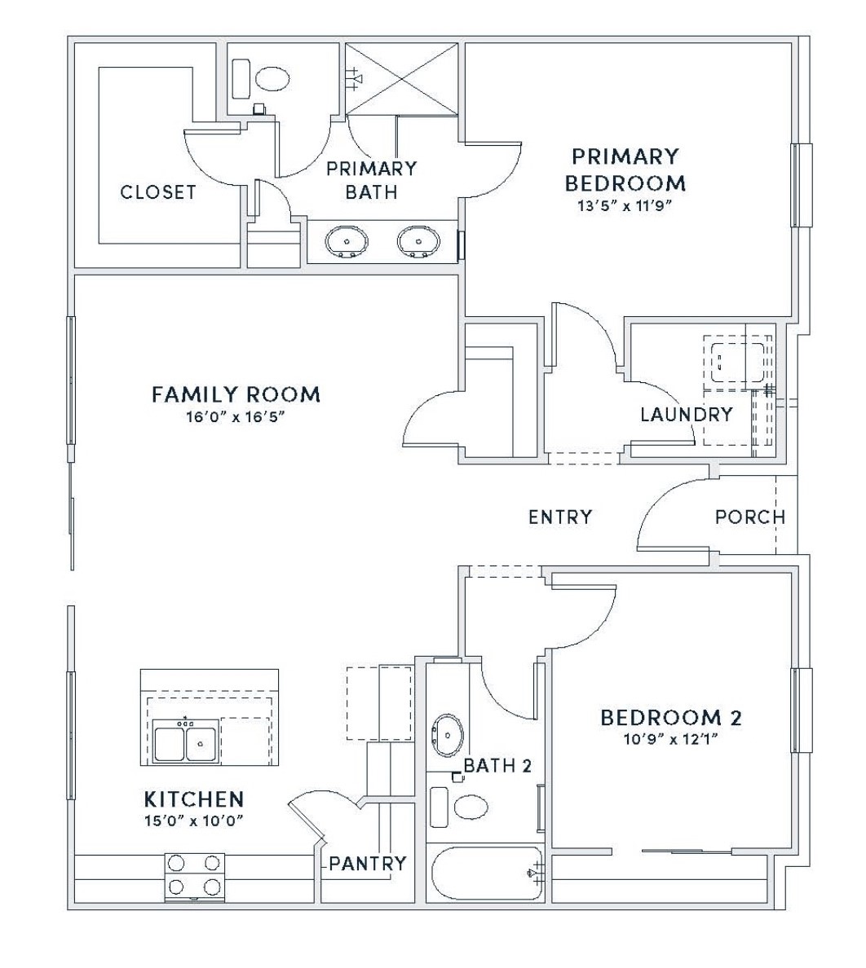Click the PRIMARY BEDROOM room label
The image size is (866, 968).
[x=625, y=169]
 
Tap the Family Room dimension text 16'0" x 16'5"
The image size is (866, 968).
[x=236, y=416]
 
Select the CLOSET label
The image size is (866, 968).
[x=158, y=192]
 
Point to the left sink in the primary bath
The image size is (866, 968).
[x=347, y=240]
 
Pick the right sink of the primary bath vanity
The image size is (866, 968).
[x=419, y=240]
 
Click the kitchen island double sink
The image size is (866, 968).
[x=185, y=741]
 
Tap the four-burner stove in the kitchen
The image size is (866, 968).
[x=195, y=874]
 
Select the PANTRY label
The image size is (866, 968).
[x=368, y=862]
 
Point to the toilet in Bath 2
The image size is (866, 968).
[x=460, y=806]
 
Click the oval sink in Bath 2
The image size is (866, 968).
[x=448, y=735]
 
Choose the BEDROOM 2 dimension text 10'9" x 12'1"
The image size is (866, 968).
[x=671, y=739]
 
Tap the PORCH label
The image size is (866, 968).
[x=750, y=517]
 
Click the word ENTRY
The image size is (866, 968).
[x=560, y=517]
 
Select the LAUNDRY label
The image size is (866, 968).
[x=687, y=414]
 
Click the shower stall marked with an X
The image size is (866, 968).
[x=401, y=78]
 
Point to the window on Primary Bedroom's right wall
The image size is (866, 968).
[x=802, y=185]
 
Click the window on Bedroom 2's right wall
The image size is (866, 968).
[x=802, y=710]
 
